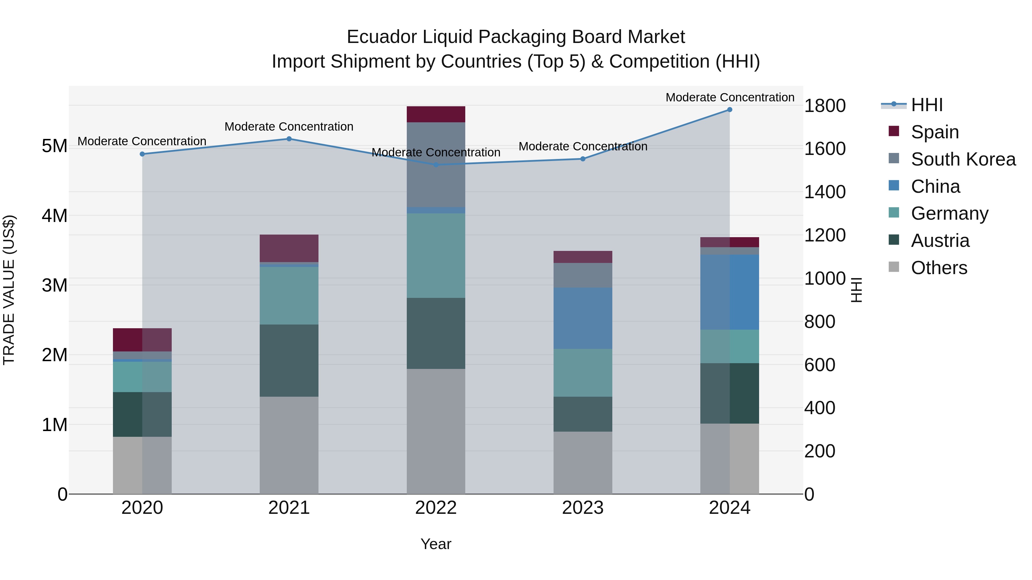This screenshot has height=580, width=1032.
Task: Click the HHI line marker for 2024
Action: coord(730,110)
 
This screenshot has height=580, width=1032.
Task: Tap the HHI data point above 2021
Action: coord(289,139)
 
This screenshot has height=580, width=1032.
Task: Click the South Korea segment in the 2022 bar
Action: coord(436,164)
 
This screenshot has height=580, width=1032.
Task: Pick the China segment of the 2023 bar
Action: coord(583,318)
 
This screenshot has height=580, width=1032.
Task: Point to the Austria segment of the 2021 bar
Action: coord(289,360)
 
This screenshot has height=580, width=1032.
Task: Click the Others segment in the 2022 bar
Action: coord(436,431)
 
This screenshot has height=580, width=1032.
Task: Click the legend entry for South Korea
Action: coord(963,159)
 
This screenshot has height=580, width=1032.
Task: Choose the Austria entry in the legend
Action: coord(940,241)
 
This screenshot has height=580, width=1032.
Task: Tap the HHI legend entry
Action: coord(927,105)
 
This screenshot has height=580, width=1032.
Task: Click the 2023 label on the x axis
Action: coord(583,508)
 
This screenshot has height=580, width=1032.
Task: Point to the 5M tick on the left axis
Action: coord(54,146)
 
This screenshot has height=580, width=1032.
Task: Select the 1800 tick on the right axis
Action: coord(825,106)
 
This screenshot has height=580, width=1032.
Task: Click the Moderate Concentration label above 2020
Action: coord(142,141)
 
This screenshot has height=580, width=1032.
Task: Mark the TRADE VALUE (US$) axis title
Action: coord(9,290)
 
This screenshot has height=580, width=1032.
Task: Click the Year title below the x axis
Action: coord(436,544)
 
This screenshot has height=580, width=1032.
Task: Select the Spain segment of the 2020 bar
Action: coord(142,340)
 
